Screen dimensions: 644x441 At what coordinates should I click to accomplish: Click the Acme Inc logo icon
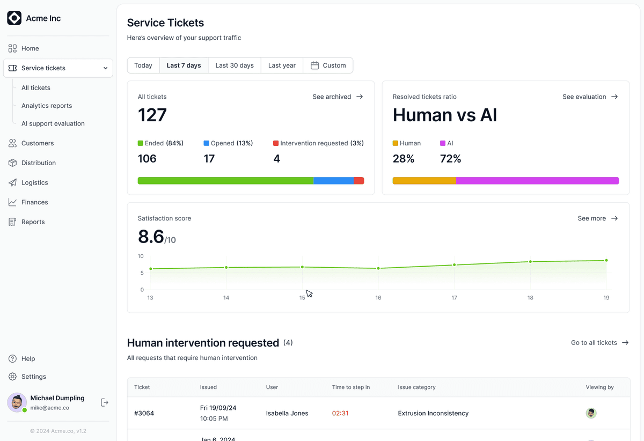(x=14, y=18)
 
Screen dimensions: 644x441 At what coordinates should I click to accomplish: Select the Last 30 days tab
(x=235, y=65)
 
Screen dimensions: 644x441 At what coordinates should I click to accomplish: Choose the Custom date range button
(x=328, y=65)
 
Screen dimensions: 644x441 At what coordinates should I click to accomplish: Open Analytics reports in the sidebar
(x=47, y=106)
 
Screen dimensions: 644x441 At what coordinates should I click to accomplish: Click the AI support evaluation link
(x=53, y=123)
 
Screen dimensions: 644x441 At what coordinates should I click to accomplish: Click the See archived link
(x=338, y=97)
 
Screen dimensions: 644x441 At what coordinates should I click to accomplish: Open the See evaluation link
(x=590, y=97)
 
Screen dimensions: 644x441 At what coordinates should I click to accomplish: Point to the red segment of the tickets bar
(x=359, y=181)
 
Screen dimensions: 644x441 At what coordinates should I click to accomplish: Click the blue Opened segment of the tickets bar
(x=333, y=181)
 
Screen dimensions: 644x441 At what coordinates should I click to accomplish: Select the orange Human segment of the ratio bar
(x=425, y=181)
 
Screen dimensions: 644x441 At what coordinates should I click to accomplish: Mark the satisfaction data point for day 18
(x=530, y=262)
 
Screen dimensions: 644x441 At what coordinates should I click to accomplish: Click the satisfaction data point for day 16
(x=378, y=268)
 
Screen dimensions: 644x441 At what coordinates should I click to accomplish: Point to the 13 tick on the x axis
(x=150, y=298)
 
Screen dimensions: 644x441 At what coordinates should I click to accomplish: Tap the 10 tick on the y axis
(x=141, y=256)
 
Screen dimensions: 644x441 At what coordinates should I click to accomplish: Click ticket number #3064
(x=144, y=413)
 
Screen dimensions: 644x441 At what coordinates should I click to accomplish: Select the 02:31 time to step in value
(x=340, y=413)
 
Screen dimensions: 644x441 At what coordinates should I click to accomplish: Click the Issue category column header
(x=416, y=387)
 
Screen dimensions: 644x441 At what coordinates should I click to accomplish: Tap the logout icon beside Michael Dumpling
(x=104, y=402)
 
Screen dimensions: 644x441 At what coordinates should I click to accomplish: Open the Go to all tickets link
(x=600, y=343)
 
